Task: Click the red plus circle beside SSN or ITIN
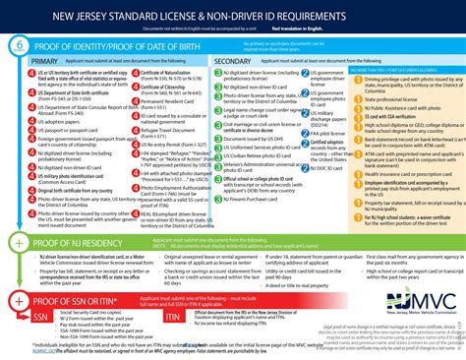click(x=19, y=298)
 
